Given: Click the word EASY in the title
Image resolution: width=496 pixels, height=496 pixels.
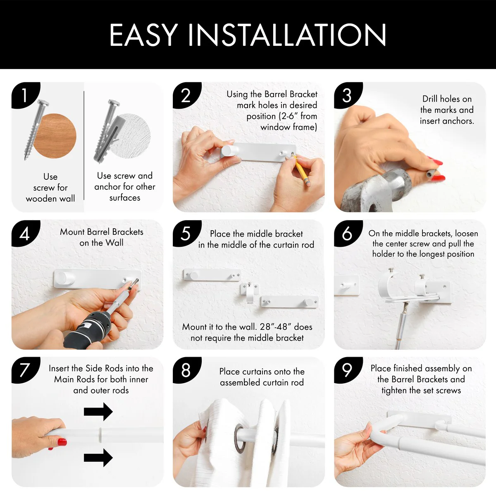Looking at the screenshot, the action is [143, 35].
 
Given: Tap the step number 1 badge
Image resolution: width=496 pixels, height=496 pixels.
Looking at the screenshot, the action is [25, 95].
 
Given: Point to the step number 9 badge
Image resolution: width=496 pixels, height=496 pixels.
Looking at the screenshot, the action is [348, 370].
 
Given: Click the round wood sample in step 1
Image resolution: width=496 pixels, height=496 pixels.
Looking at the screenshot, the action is [55, 136].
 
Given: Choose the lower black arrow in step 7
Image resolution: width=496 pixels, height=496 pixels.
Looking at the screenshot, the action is [98, 458].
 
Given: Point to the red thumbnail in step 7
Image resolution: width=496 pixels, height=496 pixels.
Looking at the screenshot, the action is [62, 442].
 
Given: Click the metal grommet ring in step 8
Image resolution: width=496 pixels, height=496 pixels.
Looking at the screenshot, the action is [240, 439].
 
